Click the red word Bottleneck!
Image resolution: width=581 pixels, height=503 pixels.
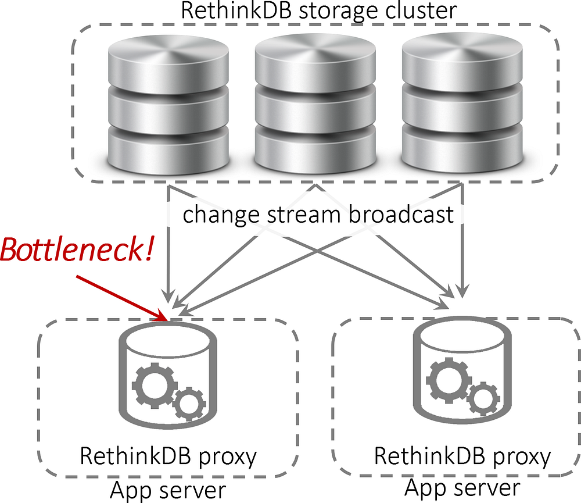tap(77, 248)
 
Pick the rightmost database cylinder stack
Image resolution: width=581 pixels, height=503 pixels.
tap(461, 102)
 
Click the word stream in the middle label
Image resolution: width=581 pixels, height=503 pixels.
tap(303, 215)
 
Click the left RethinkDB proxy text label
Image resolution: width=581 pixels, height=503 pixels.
tap(168, 456)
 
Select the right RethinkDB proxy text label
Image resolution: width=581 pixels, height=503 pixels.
tap(462, 456)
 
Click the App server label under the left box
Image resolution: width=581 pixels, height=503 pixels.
tap(167, 490)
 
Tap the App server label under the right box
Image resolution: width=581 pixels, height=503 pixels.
tap(462, 486)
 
